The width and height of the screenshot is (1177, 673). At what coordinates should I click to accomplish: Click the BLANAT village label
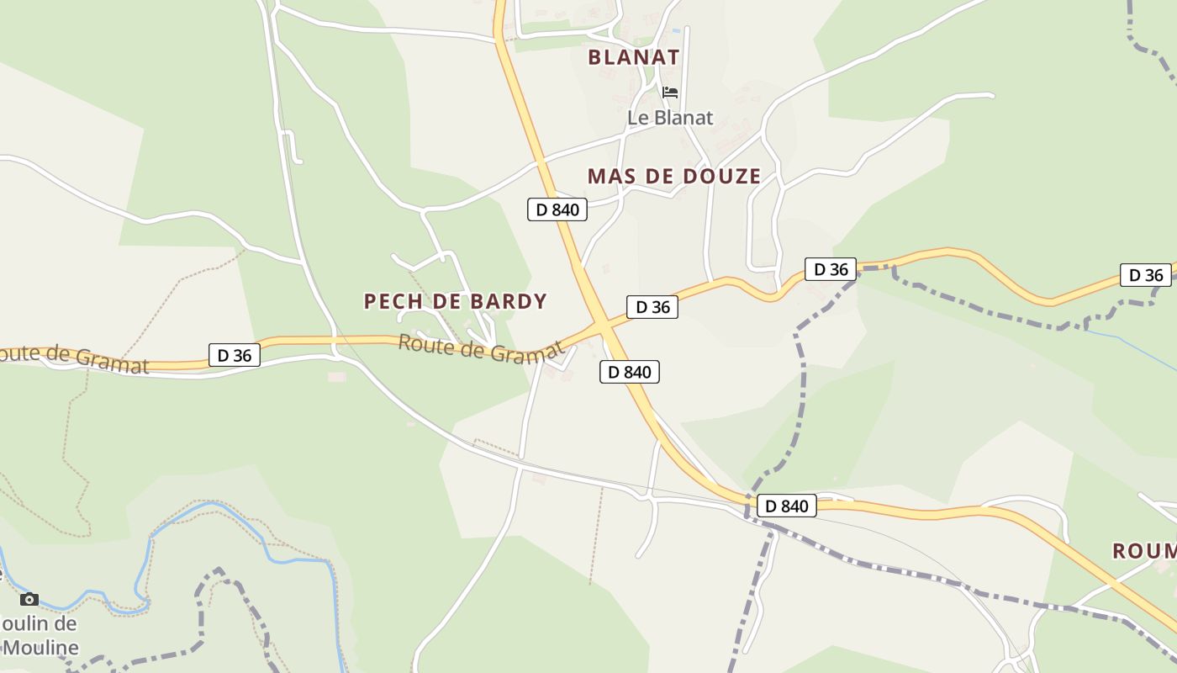(x=633, y=57)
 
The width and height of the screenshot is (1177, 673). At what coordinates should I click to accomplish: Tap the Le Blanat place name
(x=670, y=118)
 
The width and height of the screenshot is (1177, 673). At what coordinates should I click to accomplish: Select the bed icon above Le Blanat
(x=670, y=92)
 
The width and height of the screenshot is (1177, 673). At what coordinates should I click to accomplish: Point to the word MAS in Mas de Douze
(x=611, y=177)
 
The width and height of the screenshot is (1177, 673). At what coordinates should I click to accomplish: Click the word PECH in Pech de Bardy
(x=393, y=301)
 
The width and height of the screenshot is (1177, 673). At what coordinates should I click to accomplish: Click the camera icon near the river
(x=29, y=599)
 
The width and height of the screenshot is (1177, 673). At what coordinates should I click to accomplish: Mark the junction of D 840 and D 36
(x=602, y=325)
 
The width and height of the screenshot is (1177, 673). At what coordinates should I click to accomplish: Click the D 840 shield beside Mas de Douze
(x=557, y=209)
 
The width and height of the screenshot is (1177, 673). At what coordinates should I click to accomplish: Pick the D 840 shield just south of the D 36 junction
(x=630, y=372)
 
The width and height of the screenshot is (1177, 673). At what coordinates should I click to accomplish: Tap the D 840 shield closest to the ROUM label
(x=787, y=506)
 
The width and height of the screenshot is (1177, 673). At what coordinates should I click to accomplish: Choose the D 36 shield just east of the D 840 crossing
(x=652, y=307)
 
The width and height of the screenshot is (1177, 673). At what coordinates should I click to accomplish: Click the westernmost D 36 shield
(x=234, y=355)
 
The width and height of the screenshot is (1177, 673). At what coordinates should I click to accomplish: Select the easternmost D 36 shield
(x=1145, y=275)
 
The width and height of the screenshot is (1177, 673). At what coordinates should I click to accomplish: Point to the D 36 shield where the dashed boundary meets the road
(x=831, y=269)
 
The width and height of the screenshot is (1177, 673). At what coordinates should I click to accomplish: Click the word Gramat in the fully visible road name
(x=526, y=353)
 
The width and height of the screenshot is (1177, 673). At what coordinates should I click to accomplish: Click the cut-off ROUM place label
(x=1144, y=551)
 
